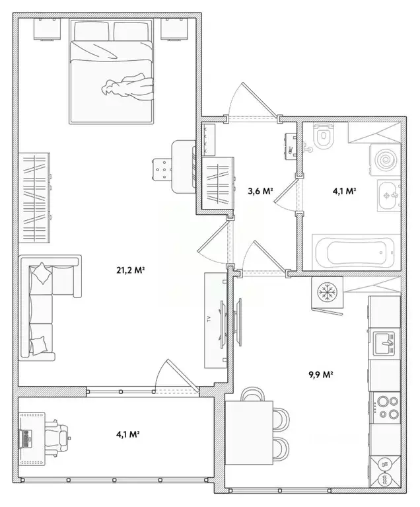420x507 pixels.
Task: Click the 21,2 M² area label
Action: [x=130, y=270]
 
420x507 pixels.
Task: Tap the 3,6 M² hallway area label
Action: [x=260, y=191]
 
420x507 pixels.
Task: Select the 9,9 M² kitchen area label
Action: [x=320, y=375]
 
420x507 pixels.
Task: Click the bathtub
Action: [x=354, y=251]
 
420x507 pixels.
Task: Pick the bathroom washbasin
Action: [x=389, y=196]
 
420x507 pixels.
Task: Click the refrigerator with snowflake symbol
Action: [x=328, y=292]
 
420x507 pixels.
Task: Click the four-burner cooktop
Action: [x=387, y=407]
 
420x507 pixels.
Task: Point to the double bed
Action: [x=111, y=71]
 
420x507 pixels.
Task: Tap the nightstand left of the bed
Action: [x=48, y=29]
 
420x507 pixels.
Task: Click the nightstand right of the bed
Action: [x=174, y=29]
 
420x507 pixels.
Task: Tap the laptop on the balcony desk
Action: [x=26, y=438]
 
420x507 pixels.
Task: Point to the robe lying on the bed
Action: [x=128, y=87]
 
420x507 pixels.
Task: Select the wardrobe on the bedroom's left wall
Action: [x=34, y=198]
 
